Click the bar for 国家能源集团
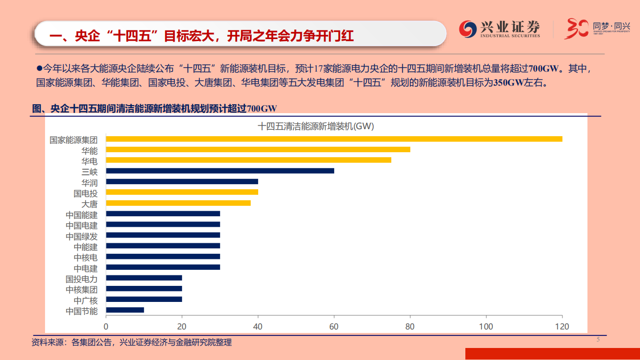334,139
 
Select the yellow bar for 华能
258,149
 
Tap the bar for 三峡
220,171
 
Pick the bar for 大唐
178,203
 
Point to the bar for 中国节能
125,310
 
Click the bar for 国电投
182,192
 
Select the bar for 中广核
144,299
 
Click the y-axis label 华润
90,182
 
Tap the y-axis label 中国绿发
82,235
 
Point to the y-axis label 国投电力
82,278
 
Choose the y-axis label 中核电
86,257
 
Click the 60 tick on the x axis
334,326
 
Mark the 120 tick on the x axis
562,326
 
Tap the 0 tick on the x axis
106,326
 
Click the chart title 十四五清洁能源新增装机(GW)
316,127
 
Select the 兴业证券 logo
500,29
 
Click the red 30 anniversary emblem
575,29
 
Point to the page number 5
597,340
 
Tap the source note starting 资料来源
132,342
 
